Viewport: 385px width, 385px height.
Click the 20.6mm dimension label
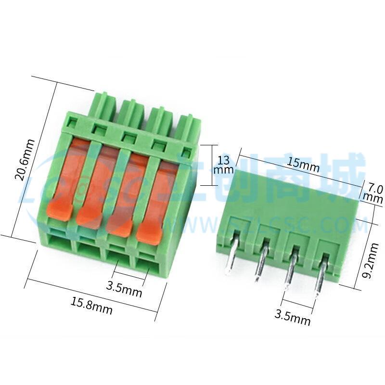coord(25,160)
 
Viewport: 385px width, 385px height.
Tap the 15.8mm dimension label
coord(91,305)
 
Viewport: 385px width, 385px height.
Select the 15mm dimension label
coord(304,164)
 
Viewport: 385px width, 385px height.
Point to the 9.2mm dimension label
coord(371,260)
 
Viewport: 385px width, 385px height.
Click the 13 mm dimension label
coord(224,165)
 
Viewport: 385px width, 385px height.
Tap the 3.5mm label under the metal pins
coord(292,317)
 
